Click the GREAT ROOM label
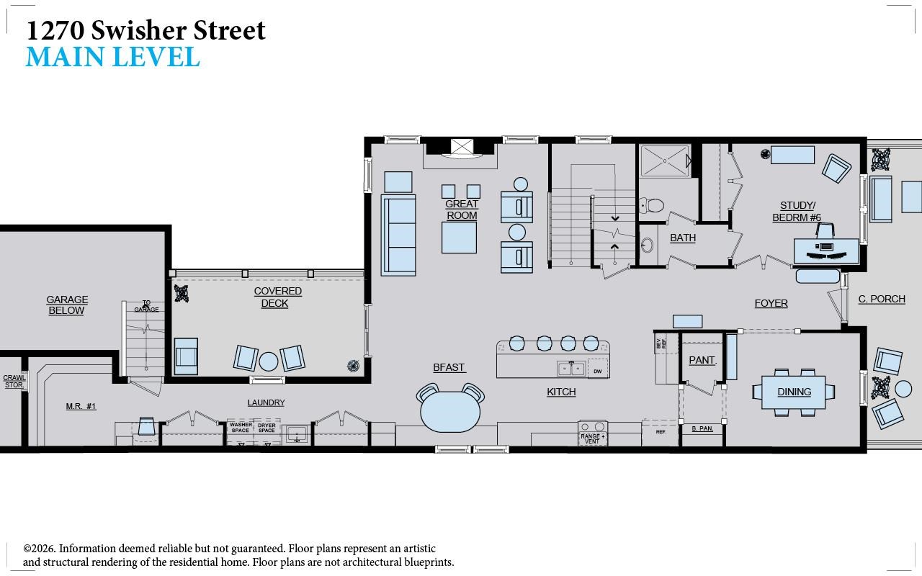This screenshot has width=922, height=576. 462,210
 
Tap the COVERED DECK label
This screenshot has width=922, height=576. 277,297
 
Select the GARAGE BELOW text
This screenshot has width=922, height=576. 67,305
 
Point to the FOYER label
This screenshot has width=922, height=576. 771,303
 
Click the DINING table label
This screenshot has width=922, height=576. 794,392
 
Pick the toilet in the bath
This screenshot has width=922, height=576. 651,204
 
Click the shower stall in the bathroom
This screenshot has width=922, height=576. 665,161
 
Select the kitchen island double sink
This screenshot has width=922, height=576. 571,368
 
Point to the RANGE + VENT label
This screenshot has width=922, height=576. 593,438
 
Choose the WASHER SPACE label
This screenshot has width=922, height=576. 241,428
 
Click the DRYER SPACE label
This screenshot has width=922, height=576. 267,428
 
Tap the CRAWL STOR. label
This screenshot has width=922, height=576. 14,382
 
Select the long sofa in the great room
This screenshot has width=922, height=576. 398,235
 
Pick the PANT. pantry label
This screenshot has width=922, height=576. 702,360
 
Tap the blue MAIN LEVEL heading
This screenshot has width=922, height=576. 113,57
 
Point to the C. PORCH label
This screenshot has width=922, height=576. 882,299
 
